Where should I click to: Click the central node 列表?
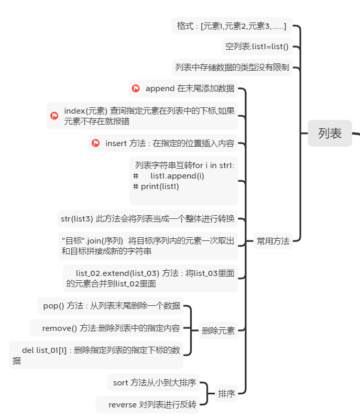tap(330, 134)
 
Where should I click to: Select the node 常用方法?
tap(272, 241)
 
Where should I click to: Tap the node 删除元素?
tap(218, 330)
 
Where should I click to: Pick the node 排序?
tap(226, 393)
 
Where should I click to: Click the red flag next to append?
tap(136, 89)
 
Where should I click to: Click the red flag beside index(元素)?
tap(54, 116)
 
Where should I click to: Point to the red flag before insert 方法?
tap(95, 143)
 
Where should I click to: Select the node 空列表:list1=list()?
tap(257, 47)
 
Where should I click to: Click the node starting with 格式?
tap(232, 26)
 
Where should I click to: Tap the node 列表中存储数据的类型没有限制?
tap(232, 68)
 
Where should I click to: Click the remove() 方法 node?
tap(107, 328)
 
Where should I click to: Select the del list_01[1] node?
tap(96, 355)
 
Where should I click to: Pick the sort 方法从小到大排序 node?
tap(155, 383)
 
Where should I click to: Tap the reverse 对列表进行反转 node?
tap(148, 404)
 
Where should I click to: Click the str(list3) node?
tap(147, 218)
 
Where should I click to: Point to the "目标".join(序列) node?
tap(148, 246)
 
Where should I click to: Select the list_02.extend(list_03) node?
tap(150, 278)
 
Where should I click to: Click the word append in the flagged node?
tap(160, 89)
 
